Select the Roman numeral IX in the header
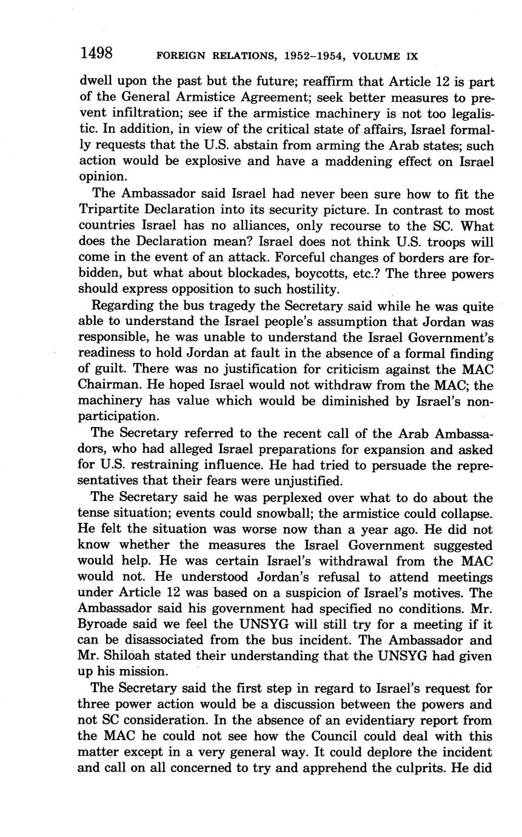411,56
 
